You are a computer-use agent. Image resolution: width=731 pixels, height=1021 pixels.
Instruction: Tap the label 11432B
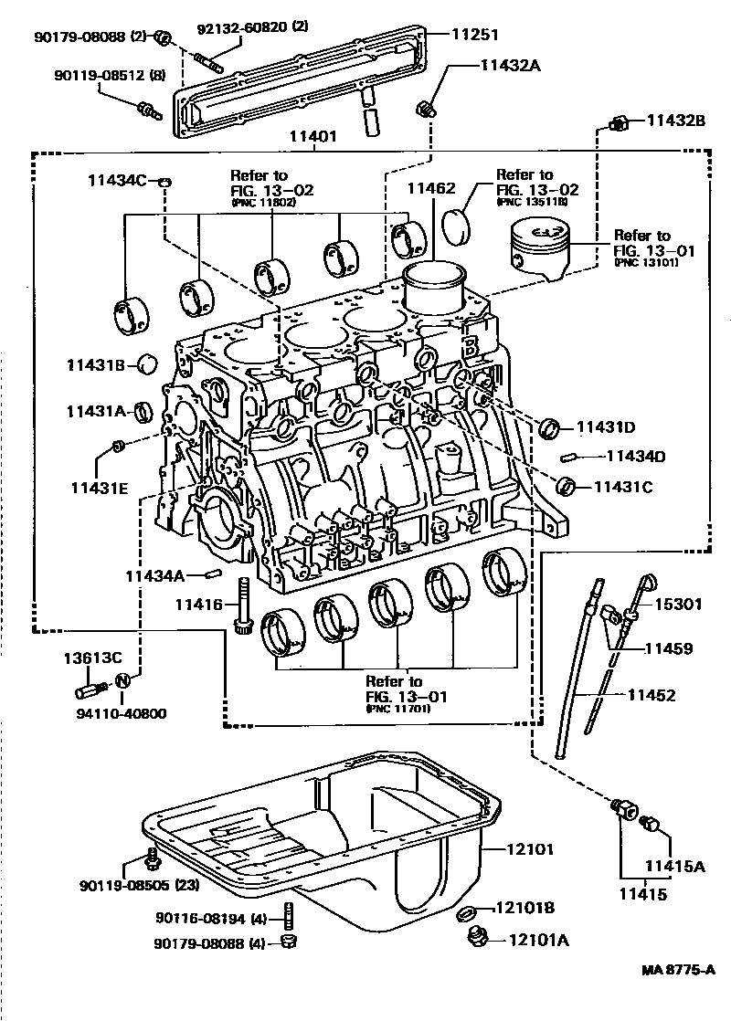[677, 120]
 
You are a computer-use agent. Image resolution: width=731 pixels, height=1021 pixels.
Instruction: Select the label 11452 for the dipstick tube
[651, 696]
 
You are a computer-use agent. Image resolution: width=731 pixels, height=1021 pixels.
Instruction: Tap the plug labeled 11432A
[425, 110]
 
